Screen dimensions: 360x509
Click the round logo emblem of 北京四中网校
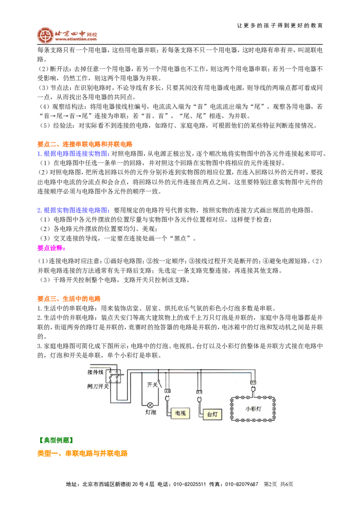click(x=45, y=35)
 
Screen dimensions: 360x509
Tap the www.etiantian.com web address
click(x=76, y=39)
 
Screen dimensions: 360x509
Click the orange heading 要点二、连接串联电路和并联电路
click(x=85, y=144)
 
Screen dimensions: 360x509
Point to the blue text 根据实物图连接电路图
click(x=76, y=210)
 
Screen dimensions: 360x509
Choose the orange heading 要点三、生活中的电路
click(x=69, y=299)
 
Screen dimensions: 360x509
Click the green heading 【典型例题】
click(x=55, y=440)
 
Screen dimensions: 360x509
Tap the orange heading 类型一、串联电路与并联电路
click(x=82, y=453)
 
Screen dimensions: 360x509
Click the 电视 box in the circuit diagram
click(x=180, y=413)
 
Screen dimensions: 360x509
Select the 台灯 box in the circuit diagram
click(x=212, y=414)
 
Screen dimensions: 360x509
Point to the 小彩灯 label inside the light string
click(x=253, y=409)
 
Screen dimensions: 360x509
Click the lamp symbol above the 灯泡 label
click(x=150, y=405)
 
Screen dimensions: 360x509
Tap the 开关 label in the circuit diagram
click(x=152, y=384)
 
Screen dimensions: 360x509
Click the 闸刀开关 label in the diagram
click(x=98, y=386)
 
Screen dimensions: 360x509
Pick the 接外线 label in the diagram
click(x=95, y=372)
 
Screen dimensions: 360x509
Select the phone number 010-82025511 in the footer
click(x=189, y=484)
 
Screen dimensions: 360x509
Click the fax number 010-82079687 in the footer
click(x=241, y=484)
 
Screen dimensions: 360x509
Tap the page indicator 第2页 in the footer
click(x=270, y=484)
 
